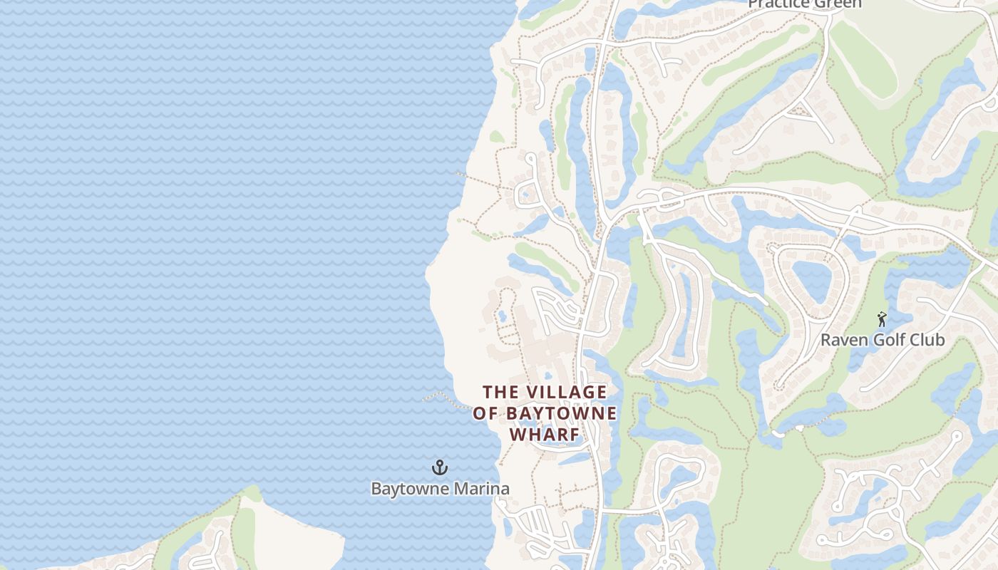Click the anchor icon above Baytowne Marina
440,467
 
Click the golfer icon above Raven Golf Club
882,319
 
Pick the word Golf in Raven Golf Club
887,340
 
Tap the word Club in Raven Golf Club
926,340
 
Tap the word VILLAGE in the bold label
566,392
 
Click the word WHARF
544,434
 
